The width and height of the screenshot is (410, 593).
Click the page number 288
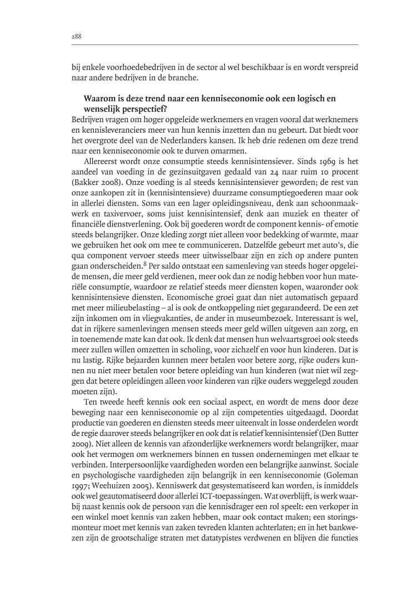pyautogui.click(x=77, y=36)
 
